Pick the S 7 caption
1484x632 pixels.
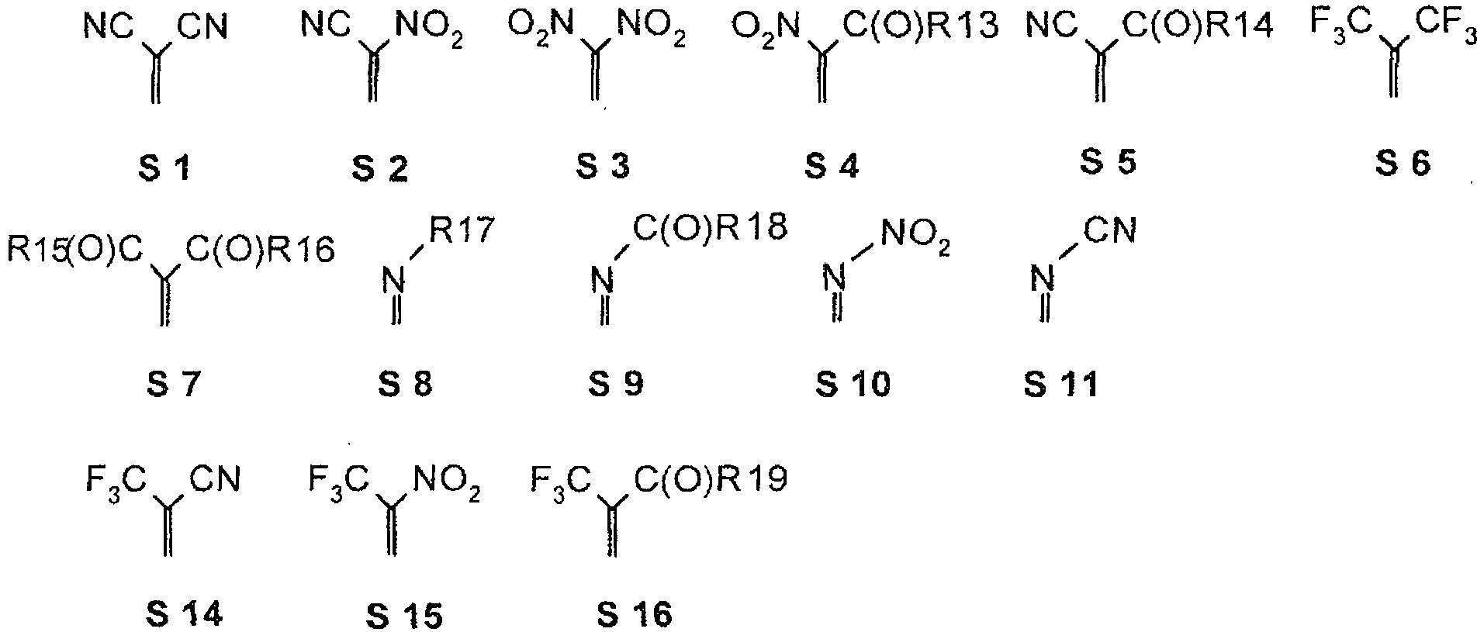click(174, 384)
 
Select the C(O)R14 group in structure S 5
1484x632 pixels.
click(1199, 29)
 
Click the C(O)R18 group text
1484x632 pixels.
click(711, 227)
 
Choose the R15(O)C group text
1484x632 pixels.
click(75, 250)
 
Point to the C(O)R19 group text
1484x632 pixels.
click(711, 479)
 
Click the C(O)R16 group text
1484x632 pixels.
click(260, 250)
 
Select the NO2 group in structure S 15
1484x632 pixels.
click(447, 481)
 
